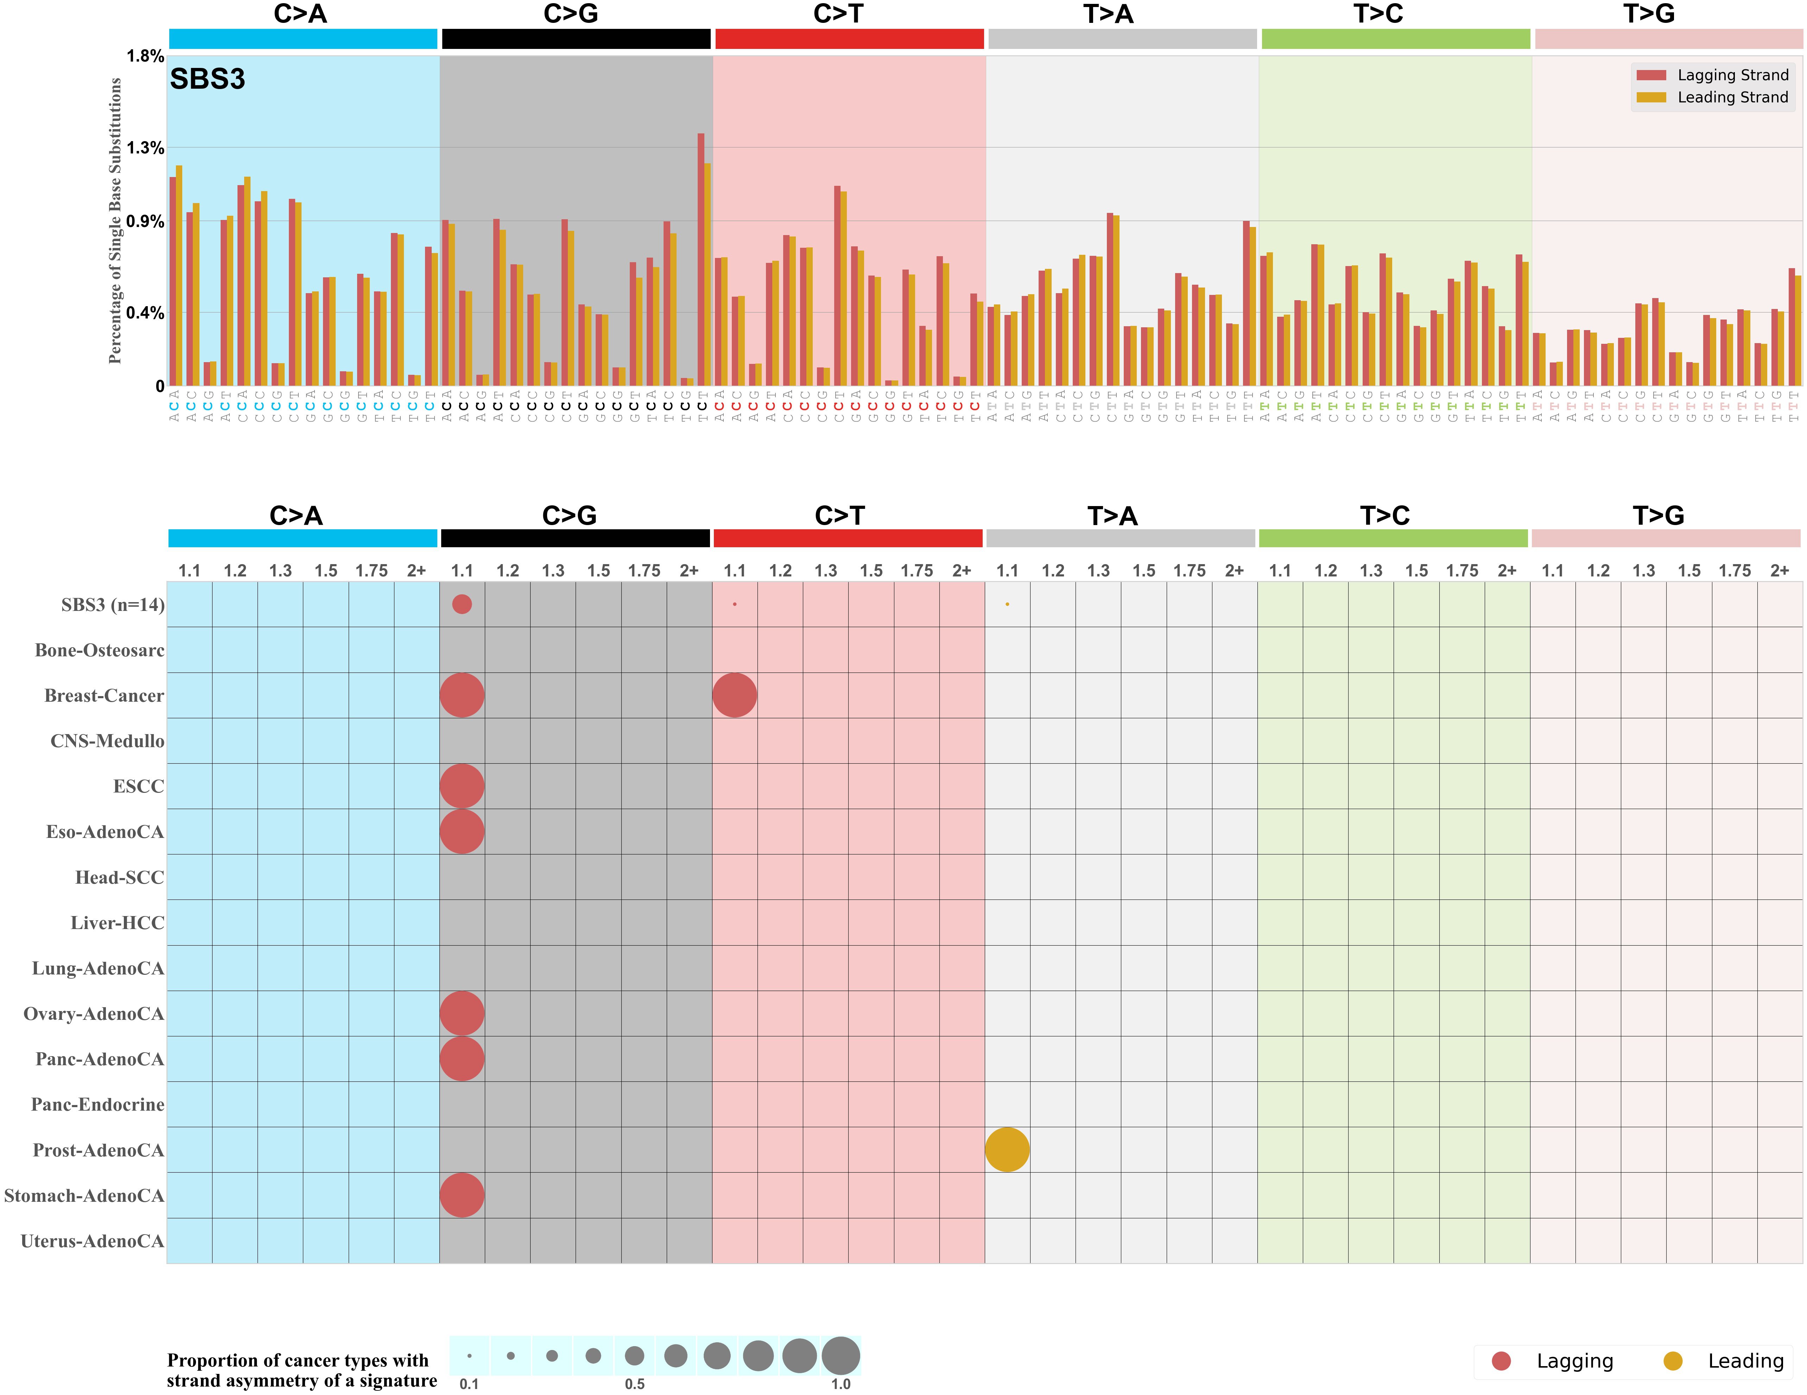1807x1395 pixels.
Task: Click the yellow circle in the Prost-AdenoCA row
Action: [x=1007, y=1149]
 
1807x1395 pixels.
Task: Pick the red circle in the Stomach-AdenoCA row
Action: [x=462, y=1195]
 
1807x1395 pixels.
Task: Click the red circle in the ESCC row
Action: [x=462, y=786]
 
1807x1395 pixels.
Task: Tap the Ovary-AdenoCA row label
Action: [x=94, y=1014]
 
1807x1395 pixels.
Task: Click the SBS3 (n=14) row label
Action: [x=113, y=605]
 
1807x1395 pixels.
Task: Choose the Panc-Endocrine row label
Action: [x=97, y=1105]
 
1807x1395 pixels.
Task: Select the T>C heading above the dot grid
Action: [x=1384, y=516]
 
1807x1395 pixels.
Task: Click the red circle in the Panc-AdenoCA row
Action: [x=462, y=1059]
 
